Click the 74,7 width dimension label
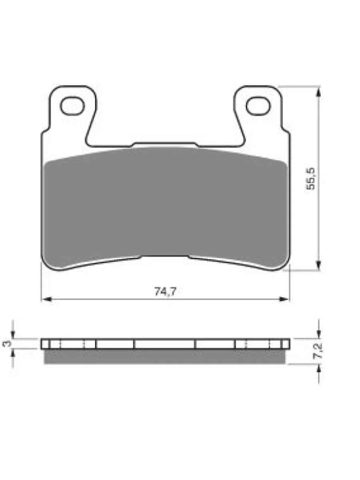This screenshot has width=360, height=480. [x=165, y=292]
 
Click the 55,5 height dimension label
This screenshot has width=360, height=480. [x=311, y=179]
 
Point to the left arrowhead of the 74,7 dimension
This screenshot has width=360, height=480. [x=46, y=299]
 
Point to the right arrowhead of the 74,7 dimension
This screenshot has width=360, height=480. [x=284, y=299]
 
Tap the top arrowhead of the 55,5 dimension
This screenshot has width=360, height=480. [x=319, y=92]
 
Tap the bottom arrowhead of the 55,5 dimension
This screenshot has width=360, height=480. [x=319, y=265]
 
